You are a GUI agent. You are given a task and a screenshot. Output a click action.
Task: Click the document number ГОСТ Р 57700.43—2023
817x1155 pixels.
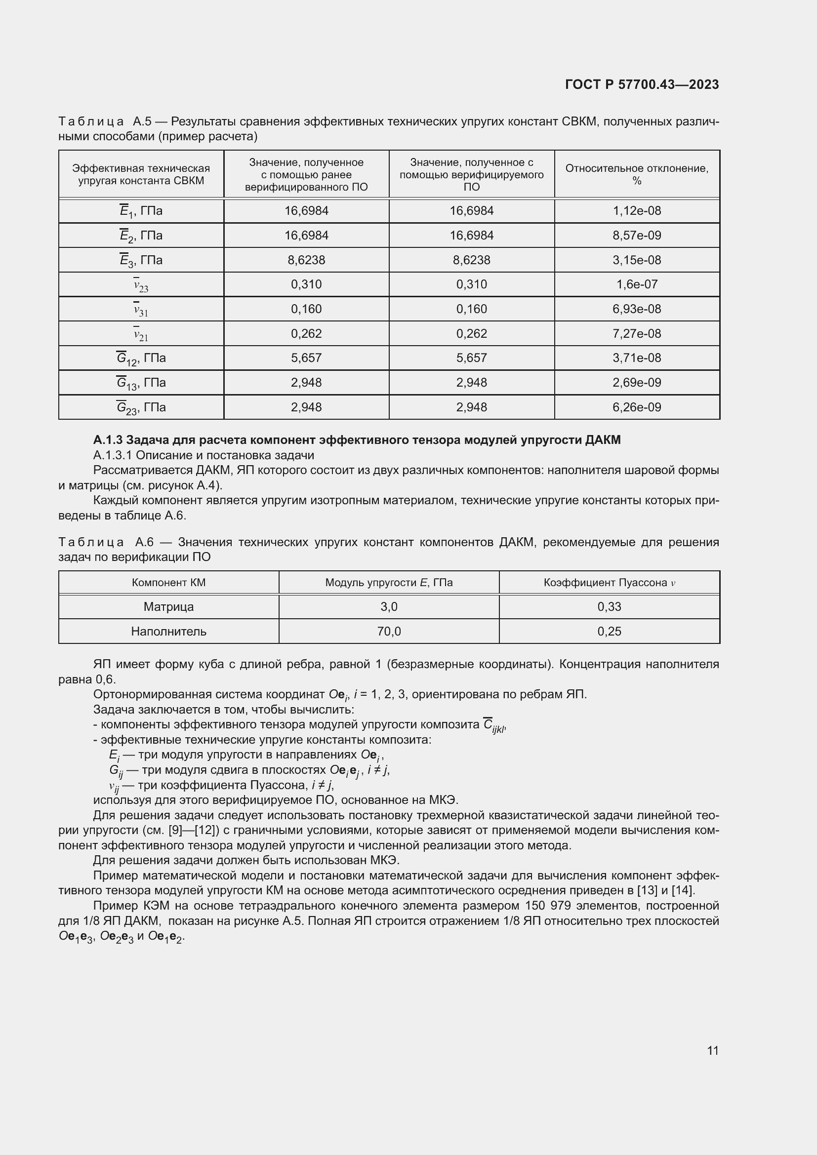[x=642, y=84]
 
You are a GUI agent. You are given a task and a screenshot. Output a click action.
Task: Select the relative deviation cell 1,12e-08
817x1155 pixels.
[x=636, y=211]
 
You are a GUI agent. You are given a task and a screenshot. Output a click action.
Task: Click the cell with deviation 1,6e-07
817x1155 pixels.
[x=636, y=284]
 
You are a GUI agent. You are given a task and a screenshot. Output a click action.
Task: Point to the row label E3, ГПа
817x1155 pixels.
[x=141, y=260]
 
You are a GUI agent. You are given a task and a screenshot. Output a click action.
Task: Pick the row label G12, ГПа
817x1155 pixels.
[x=141, y=358]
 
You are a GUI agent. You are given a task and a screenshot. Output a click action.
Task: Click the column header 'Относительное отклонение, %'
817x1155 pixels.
[x=636, y=174]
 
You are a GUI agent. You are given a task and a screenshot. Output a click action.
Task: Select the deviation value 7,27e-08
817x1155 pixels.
[x=636, y=333]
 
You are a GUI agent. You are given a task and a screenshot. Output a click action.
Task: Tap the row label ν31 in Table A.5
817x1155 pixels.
[x=141, y=310]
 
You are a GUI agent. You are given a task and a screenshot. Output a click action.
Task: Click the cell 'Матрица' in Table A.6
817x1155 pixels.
[x=168, y=607]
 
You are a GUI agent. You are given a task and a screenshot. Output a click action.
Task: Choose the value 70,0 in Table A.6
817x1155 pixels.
[x=389, y=632]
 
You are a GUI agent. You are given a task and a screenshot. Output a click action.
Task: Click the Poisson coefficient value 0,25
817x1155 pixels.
[x=609, y=632]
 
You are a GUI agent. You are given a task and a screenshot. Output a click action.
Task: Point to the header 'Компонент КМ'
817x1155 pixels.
[x=168, y=583]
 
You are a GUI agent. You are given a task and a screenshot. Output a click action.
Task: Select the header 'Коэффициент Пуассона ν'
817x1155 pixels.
[x=609, y=583]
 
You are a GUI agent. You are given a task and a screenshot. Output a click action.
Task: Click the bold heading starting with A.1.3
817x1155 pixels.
[x=357, y=439]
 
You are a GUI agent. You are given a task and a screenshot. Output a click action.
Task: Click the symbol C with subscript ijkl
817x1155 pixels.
[x=493, y=725]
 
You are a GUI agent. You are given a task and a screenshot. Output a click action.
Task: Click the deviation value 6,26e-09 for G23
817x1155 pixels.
[x=636, y=407]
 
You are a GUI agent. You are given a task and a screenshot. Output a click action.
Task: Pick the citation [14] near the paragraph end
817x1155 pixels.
[x=682, y=890]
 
